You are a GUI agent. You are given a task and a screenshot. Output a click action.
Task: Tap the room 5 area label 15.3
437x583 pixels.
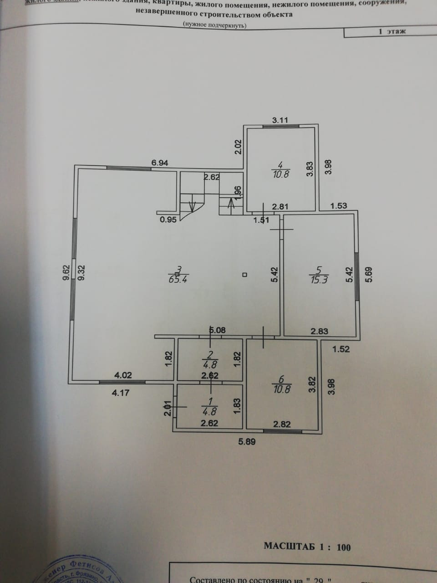coord(318,279)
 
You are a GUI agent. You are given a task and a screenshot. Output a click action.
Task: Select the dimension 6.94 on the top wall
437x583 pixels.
coord(160,163)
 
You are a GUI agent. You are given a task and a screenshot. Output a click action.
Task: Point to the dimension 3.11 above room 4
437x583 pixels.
coord(280,120)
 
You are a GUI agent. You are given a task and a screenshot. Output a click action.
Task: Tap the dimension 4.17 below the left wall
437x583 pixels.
coord(121,393)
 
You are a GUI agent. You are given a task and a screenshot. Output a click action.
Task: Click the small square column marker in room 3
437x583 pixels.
coord(244,275)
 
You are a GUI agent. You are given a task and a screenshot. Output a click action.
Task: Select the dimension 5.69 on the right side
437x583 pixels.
coord(369,274)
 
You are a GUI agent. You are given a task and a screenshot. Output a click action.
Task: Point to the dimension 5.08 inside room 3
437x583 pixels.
coord(217,330)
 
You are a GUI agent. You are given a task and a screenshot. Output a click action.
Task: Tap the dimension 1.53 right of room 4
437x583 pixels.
coord(338,205)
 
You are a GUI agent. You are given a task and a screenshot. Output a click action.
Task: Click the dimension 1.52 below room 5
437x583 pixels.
coord(341,349)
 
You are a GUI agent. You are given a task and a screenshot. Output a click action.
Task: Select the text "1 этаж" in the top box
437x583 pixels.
coord(392,31)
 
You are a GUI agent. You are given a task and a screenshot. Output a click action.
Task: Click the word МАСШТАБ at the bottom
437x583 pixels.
coord(290,547)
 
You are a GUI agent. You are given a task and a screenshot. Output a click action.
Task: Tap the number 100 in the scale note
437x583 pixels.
coord(343,547)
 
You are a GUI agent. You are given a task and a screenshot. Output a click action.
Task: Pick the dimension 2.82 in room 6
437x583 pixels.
coord(281,424)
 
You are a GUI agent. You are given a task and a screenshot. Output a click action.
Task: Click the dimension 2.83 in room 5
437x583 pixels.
coord(319,331)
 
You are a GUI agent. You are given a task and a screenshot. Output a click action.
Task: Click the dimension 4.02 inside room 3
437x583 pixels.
coord(123,375)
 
